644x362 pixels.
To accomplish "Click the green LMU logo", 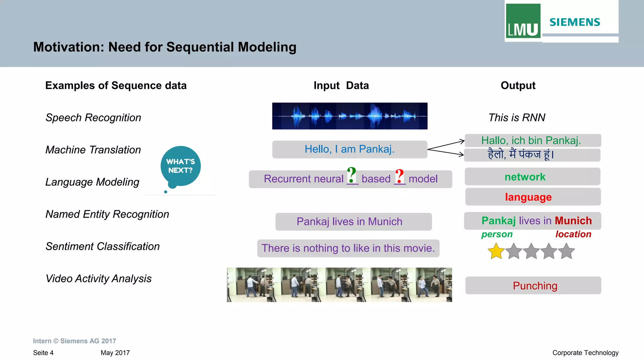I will [x=523, y=21].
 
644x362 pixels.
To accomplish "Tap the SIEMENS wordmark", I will [x=575, y=22].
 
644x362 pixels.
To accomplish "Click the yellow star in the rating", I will [x=496, y=251].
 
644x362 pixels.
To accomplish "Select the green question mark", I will [x=352, y=175].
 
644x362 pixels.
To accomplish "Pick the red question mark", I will [x=399, y=176].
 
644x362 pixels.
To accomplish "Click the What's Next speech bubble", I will [x=180, y=166].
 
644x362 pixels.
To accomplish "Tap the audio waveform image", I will [x=350, y=116].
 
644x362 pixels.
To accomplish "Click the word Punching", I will [x=535, y=286].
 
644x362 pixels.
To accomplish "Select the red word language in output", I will [x=528, y=197].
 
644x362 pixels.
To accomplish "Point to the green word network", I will [x=525, y=177].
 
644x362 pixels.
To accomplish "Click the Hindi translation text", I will [x=521, y=154].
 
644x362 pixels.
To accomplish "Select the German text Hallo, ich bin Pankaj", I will [x=531, y=140].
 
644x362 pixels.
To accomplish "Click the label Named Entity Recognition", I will [x=107, y=214].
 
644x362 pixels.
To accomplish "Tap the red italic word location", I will [x=573, y=234].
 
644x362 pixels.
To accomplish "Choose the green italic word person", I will [x=497, y=234].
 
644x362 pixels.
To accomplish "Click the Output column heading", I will [x=518, y=86].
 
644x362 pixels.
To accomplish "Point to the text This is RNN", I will [x=517, y=118].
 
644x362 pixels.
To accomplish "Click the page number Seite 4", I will [x=43, y=353].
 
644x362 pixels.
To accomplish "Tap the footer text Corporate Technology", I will [x=585, y=353].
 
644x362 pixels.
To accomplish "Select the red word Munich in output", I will [x=573, y=221].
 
